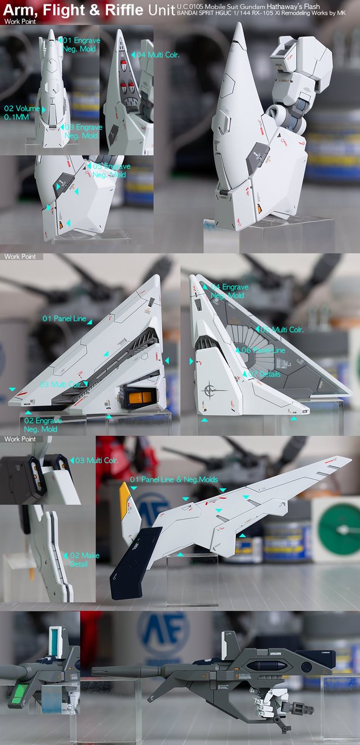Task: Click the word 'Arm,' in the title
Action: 19,10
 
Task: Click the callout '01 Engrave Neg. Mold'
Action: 80,44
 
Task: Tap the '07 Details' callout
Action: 264,374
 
